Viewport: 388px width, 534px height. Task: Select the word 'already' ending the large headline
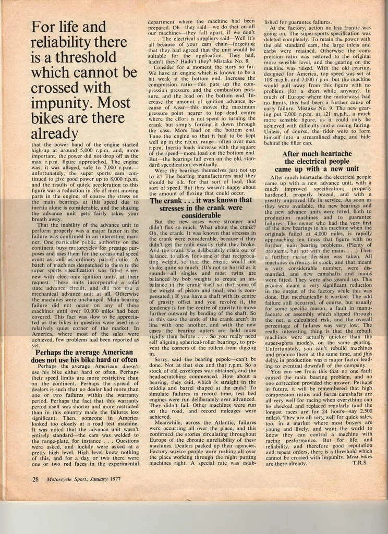tap(55, 133)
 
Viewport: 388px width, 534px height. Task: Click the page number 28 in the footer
tap(35, 478)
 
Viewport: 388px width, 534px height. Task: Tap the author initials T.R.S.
tap(361, 463)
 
